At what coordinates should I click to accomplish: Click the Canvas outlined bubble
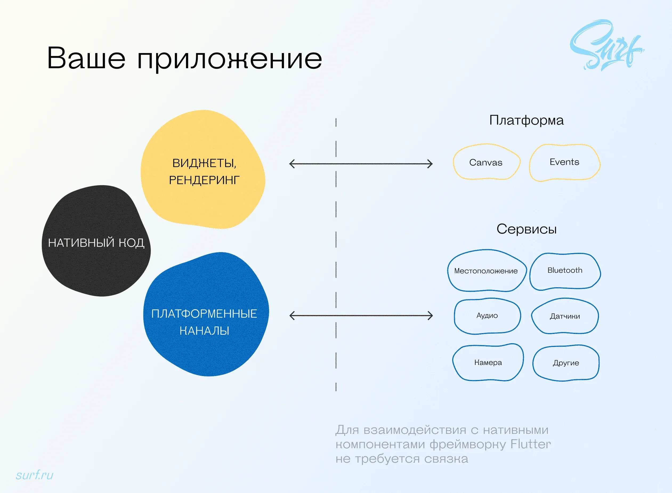click(486, 162)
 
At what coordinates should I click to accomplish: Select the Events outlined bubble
click(564, 162)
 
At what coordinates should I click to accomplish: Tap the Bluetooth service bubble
click(565, 271)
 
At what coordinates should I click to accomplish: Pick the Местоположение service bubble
click(486, 271)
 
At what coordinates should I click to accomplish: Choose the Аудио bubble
click(487, 316)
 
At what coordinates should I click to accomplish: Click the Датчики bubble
click(565, 316)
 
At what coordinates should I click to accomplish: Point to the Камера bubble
click(488, 363)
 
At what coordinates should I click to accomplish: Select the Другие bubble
click(566, 363)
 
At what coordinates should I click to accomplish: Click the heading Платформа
click(526, 120)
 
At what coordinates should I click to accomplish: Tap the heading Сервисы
click(526, 229)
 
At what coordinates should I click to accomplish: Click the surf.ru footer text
click(35, 475)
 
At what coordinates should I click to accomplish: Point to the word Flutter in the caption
click(531, 444)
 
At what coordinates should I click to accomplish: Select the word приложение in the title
click(229, 59)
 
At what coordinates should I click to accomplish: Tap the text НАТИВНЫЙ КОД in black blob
click(96, 243)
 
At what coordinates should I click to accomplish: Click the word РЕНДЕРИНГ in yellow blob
click(204, 180)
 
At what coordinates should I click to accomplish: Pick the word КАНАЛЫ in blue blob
click(204, 331)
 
